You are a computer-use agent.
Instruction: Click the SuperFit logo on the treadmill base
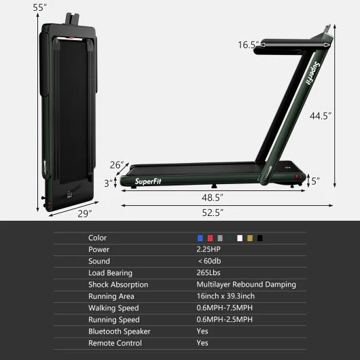click(x=149, y=181)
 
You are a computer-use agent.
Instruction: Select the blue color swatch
click(x=200, y=238)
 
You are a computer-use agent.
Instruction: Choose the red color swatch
click(x=210, y=238)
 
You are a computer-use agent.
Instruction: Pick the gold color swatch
click(x=249, y=238)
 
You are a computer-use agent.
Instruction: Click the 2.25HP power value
click(x=209, y=250)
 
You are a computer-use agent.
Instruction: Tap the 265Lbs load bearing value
click(x=209, y=273)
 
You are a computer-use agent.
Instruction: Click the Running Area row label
click(x=111, y=296)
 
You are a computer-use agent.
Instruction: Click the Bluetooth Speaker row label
click(x=120, y=331)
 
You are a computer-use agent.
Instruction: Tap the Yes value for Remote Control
click(x=203, y=343)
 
